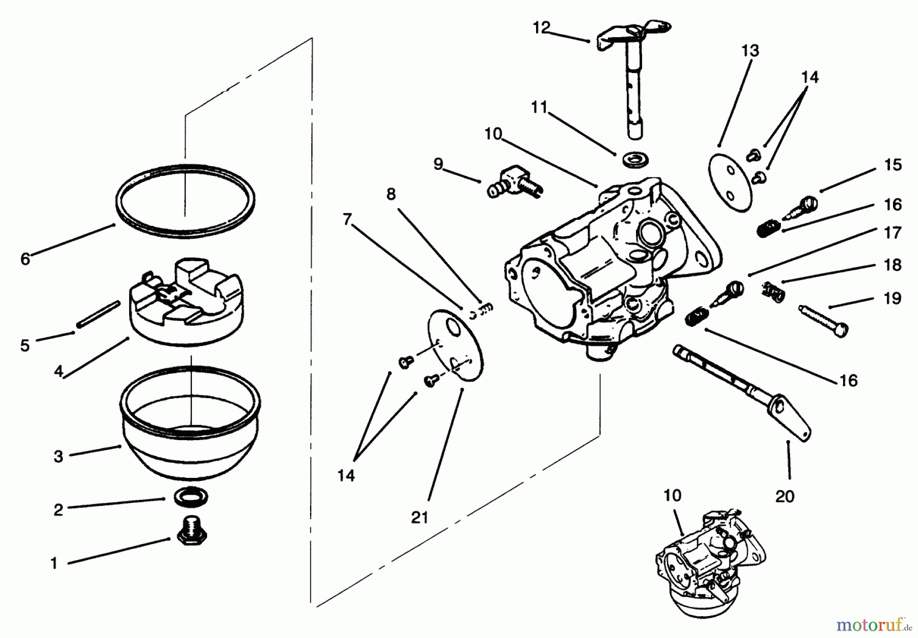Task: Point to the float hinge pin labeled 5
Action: click(98, 315)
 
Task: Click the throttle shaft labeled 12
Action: click(631, 82)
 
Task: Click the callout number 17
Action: click(892, 233)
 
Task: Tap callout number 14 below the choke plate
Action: click(346, 476)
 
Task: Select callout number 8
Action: click(391, 194)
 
